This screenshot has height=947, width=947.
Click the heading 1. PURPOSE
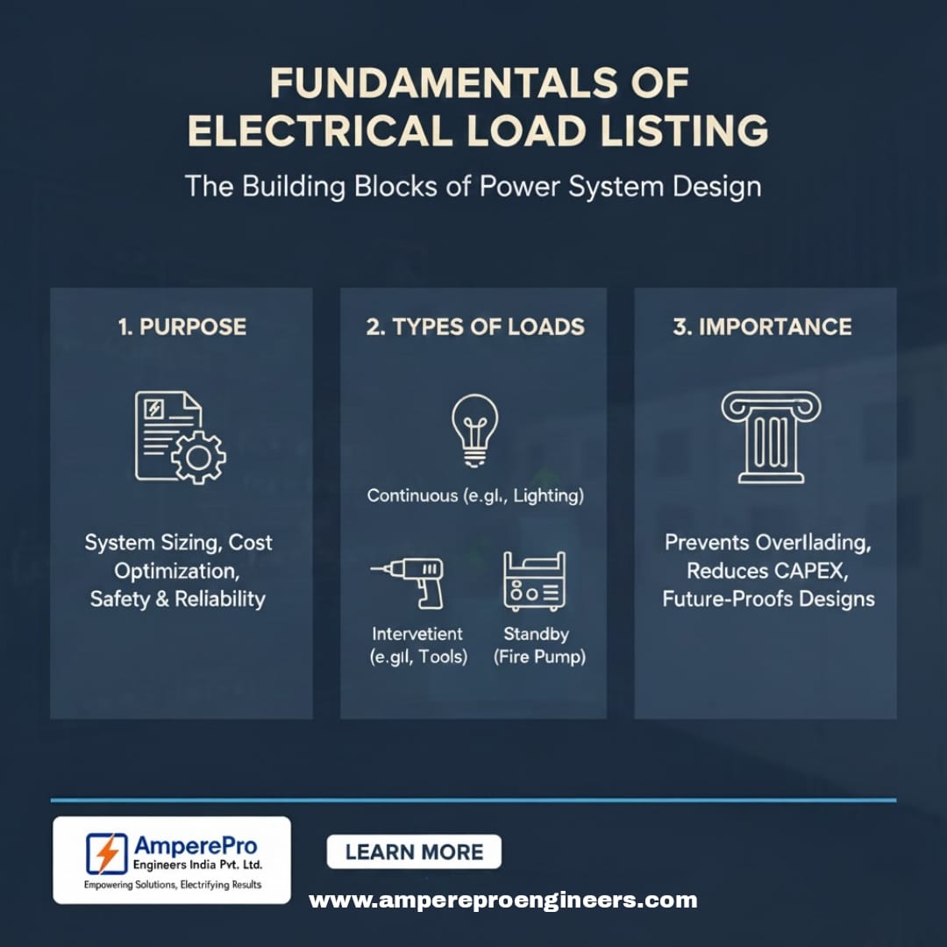pos(182,327)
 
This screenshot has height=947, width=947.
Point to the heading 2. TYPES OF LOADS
pos(475,327)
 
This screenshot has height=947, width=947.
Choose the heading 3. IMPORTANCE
pos(762,327)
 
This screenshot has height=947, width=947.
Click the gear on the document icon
pos(198,456)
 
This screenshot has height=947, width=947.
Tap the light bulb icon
pos(474,429)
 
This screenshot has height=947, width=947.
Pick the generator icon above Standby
pos(535,580)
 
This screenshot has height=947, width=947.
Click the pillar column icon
pos(771,436)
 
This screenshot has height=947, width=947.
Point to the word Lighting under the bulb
pos(548,495)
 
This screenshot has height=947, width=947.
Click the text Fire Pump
pos(537,656)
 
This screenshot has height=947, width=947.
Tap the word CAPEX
pos(811,571)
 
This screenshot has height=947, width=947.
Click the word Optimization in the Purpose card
pos(176,571)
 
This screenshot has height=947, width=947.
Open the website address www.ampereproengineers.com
pos(502,900)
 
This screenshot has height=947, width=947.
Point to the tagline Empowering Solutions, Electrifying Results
pos(172,885)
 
